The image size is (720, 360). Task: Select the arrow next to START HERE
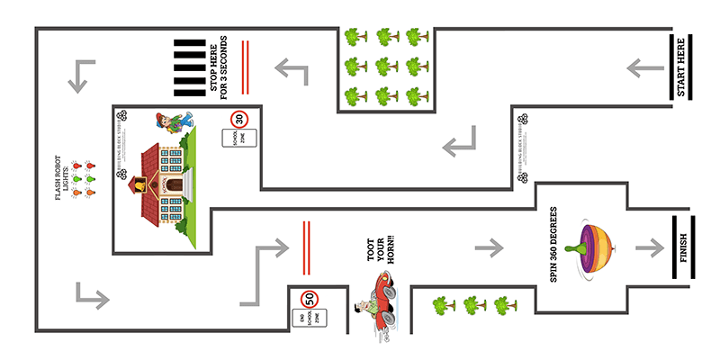point(640,67)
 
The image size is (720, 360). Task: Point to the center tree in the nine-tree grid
point(387,66)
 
